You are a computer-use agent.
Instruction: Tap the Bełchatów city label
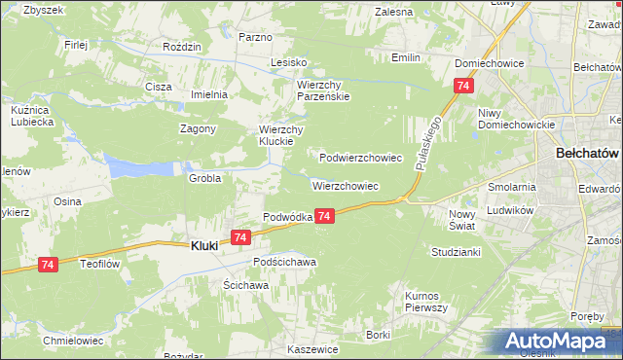pyautogui.click(x=587, y=154)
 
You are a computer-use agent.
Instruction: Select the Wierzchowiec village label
pyautogui.click(x=345, y=185)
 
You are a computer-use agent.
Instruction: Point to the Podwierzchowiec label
pyautogui.click(x=361, y=157)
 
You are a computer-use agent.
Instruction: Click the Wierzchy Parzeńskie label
pyautogui.click(x=322, y=90)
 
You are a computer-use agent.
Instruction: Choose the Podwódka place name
pyautogui.click(x=287, y=217)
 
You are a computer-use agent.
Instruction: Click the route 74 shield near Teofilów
pyautogui.click(x=49, y=264)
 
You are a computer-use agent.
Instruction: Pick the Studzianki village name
pyautogui.click(x=456, y=252)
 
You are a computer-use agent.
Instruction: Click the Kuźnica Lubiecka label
pyautogui.click(x=30, y=116)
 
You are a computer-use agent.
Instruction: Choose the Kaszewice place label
pyautogui.click(x=312, y=348)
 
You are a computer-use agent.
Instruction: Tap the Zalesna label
pyautogui.click(x=393, y=12)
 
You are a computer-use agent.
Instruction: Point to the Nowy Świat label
pyautogui.click(x=461, y=219)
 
